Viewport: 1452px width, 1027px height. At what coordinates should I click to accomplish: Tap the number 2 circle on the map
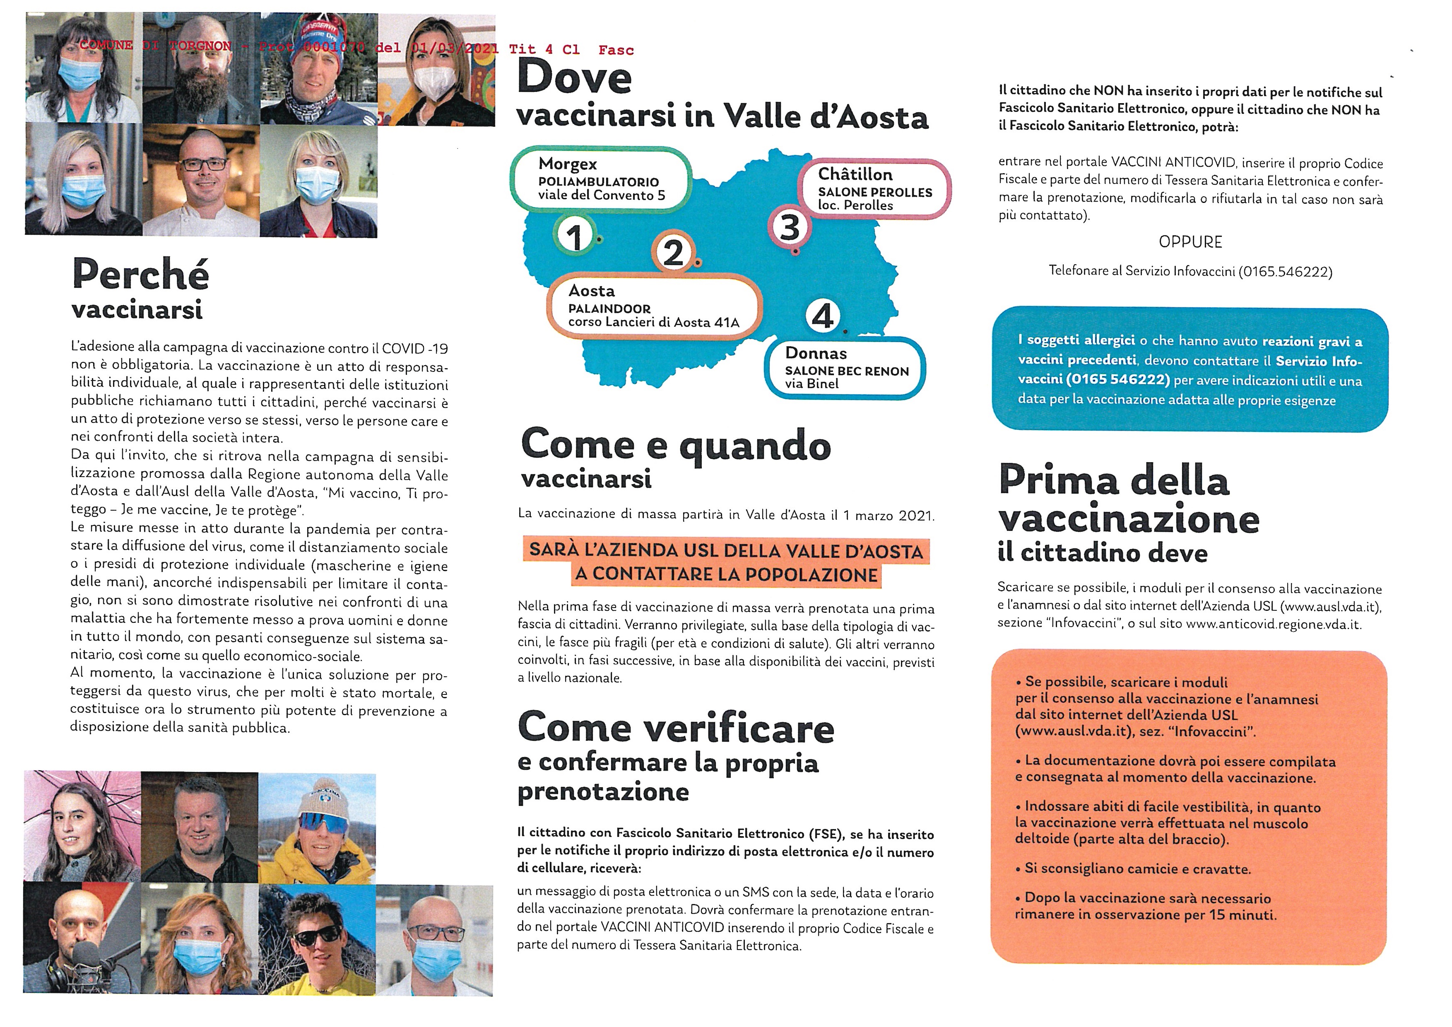point(673,253)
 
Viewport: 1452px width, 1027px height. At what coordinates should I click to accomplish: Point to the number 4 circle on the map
point(822,316)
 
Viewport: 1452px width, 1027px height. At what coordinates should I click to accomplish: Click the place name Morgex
point(567,164)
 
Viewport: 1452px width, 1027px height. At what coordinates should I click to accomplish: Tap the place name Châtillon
point(855,174)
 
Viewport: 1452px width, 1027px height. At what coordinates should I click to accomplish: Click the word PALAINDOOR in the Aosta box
point(609,309)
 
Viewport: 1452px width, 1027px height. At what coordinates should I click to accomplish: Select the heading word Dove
point(574,77)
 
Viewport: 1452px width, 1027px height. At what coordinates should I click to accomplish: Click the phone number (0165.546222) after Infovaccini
point(1285,272)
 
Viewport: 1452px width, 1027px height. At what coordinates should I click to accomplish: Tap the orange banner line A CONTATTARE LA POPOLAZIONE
point(726,574)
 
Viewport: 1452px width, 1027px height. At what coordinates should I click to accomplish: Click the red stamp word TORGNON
point(200,46)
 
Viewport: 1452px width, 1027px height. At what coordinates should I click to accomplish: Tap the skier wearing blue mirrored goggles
point(317,827)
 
